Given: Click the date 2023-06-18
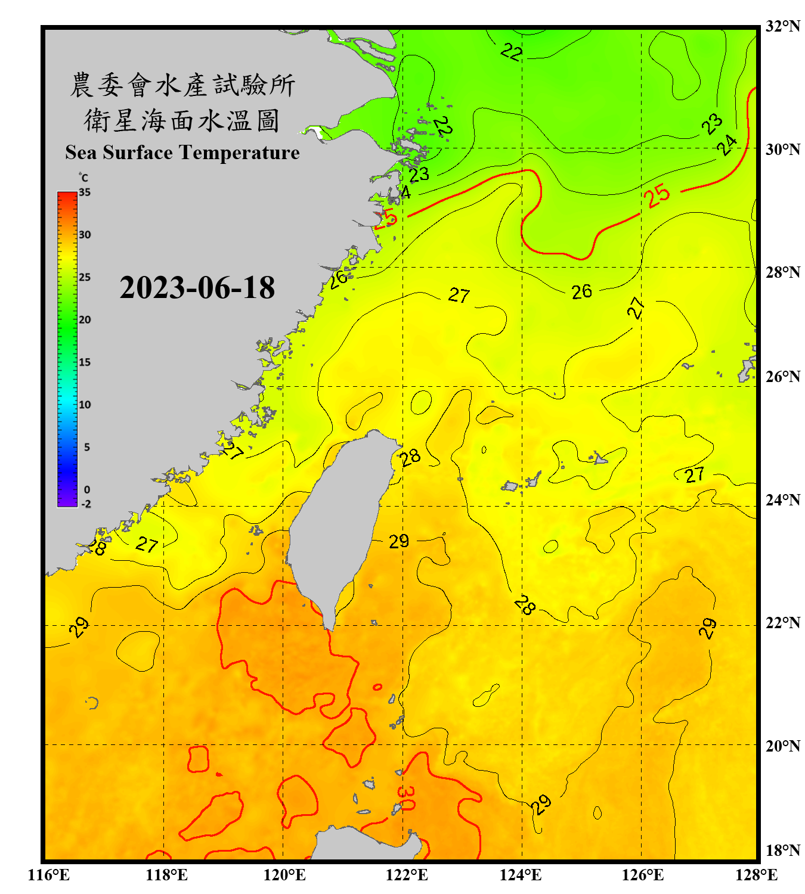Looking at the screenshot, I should click(197, 288).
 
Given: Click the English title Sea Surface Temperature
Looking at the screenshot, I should click(182, 153).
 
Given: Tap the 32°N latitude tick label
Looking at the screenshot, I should click(782, 26).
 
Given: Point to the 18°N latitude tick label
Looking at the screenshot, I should click(782, 850).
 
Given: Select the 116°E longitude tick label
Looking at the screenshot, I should click(48, 875).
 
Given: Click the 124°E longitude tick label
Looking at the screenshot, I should click(521, 875).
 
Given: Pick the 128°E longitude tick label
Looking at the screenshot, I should click(756, 875).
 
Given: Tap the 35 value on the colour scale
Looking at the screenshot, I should click(85, 193).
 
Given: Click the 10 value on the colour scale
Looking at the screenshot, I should click(85, 405).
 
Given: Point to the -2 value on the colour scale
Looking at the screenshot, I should click(86, 504).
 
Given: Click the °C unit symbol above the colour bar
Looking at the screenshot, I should click(83, 178).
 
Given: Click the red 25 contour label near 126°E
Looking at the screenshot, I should click(657, 196).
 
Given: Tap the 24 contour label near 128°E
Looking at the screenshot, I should click(726, 145).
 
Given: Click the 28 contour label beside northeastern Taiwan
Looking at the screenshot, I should click(410, 458).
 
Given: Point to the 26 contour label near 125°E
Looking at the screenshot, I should click(581, 291).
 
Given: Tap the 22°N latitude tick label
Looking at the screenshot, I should click(782, 623).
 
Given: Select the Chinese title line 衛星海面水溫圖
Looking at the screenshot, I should click(182, 120).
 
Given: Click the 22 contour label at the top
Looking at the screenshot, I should click(511, 52).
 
